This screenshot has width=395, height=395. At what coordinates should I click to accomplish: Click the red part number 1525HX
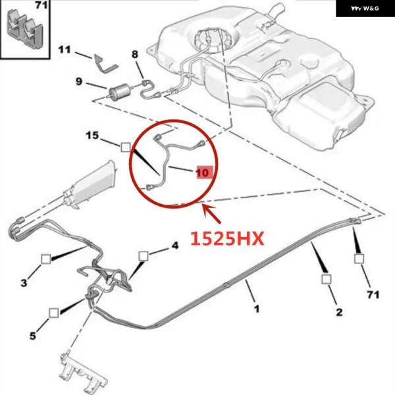click(227, 238)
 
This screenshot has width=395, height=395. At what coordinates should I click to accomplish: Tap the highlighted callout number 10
click(205, 172)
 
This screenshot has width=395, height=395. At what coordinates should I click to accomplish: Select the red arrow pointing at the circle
click(212, 214)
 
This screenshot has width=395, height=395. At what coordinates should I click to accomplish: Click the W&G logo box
click(365, 9)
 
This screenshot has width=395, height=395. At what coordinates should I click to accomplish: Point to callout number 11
click(65, 49)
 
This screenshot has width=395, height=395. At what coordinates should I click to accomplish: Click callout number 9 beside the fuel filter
click(79, 82)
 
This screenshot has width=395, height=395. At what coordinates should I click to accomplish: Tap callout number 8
click(135, 54)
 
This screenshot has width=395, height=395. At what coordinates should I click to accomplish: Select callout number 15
click(92, 136)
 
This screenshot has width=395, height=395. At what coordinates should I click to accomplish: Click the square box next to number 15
click(126, 147)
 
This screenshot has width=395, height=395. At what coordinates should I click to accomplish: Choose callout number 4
click(175, 245)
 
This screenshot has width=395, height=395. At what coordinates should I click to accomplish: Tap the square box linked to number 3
click(46, 259)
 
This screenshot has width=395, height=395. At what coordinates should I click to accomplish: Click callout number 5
click(33, 336)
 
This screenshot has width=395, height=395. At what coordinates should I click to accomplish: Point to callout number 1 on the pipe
click(257, 308)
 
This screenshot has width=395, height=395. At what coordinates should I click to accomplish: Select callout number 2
click(339, 312)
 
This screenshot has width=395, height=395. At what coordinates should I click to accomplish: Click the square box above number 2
click(327, 279)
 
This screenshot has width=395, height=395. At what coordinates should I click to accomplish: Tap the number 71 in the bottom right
click(373, 294)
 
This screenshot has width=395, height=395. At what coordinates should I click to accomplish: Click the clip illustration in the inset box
click(25, 28)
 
